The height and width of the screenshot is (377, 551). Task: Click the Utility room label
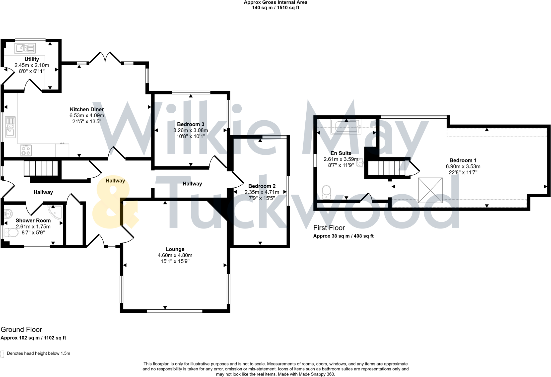tap(32, 59)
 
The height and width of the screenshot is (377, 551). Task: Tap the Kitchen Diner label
tap(87, 109)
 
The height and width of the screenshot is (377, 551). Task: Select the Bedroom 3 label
tap(190, 124)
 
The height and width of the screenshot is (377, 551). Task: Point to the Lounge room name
tap(175, 249)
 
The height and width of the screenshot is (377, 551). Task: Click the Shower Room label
tap(33, 221)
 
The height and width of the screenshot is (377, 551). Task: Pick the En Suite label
tap(341, 153)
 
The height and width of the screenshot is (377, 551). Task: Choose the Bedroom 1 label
tap(463, 160)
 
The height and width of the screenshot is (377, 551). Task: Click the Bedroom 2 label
tap(262, 186)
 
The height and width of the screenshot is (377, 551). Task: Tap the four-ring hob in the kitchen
tap(26, 150)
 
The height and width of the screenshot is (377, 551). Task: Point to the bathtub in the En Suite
tap(346, 127)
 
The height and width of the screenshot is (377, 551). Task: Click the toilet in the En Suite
tap(326, 192)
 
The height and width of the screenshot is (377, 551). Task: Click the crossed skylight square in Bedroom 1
tap(430, 190)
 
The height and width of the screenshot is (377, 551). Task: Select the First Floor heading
tap(329, 228)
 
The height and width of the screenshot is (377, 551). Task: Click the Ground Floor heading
tap(21, 330)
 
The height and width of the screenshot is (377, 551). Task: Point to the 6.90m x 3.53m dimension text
tap(463, 166)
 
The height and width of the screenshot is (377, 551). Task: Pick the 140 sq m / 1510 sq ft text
tap(275, 8)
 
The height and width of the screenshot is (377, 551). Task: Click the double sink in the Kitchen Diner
tap(10, 127)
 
